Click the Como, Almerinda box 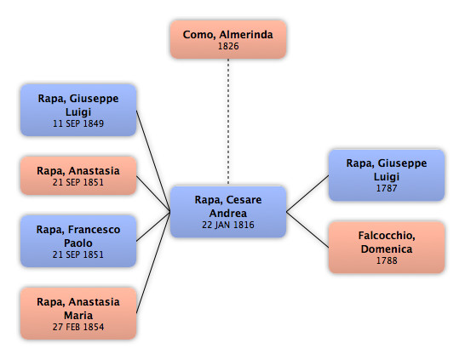(x=228, y=39)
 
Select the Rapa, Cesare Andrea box (x=228, y=212)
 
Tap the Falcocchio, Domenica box (x=387, y=248)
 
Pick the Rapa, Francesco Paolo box (x=78, y=242)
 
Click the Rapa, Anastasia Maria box (x=78, y=313)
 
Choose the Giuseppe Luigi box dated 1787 (x=387, y=175)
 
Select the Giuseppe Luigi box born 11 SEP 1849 (x=78, y=111)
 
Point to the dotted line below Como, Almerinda (x=228, y=122)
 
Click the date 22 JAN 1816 (x=228, y=225)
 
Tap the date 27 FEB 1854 (x=78, y=327)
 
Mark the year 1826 (x=228, y=46)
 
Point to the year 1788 (x=387, y=260)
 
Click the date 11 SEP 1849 (x=78, y=123)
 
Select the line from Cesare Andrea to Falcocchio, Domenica (x=307, y=230)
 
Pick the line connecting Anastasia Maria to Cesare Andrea (x=153, y=262)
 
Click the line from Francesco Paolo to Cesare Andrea (x=153, y=226)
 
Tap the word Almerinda (x=246, y=34)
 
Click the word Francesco (x=94, y=230)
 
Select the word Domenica (x=387, y=249)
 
